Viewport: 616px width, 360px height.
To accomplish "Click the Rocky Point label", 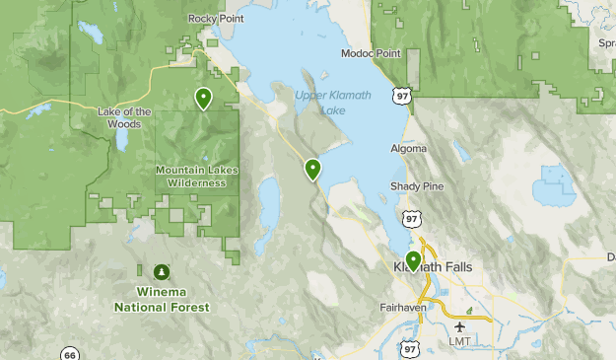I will click(215, 19).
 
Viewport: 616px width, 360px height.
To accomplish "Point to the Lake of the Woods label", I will click(125, 117).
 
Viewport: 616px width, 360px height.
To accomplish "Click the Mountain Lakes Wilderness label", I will click(197, 176).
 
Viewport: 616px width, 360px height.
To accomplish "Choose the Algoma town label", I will click(409, 149).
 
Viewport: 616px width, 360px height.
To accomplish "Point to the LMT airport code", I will click(460, 341).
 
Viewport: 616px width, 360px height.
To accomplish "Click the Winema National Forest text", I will click(162, 300).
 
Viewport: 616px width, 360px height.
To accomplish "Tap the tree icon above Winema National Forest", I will click(161, 271).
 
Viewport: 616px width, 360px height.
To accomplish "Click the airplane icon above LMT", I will click(460, 325).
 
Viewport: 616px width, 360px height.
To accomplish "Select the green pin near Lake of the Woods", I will click(203, 98).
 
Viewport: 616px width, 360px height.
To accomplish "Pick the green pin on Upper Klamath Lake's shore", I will click(313, 169).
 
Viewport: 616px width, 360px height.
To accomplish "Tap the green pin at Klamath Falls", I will click(413, 261).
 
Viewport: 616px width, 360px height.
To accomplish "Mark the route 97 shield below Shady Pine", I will click(408, 217).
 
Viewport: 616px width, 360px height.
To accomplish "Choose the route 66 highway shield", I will click(69, 354).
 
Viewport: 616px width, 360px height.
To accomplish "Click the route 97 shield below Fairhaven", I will click(409, 348).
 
